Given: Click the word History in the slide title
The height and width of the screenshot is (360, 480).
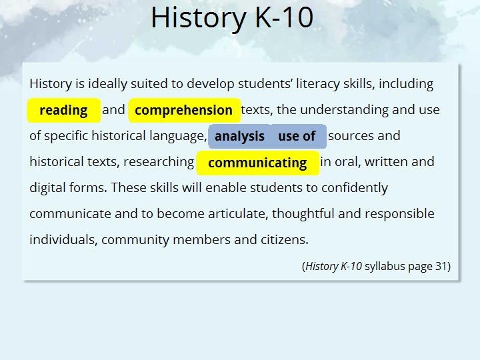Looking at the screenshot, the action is pyautogui.click(x=199, y=18).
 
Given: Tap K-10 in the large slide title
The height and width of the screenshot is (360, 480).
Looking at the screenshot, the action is pyautogui.click(x=284, y=17).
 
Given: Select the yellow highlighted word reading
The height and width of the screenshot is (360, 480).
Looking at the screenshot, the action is pyautogui.click(x=64, y=110).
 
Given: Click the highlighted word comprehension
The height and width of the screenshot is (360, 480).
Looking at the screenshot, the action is pyautogui.click(x=183, y=110).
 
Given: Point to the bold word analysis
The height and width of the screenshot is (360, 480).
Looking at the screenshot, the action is pyautogui.click(x=240, y=136).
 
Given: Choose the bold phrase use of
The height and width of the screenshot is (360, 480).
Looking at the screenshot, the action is pyautogui.click(x=297, y=136).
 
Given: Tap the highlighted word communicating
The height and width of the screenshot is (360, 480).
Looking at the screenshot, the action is pyautogui.click(x=257, y=163).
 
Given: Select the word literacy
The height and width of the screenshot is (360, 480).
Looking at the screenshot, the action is pyautogui.click(x=318, y=83).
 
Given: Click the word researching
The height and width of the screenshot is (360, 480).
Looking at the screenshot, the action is pyautogui.click(x=159, y=161).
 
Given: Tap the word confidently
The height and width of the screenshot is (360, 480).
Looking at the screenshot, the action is pyautogui.click(x=355, y=187).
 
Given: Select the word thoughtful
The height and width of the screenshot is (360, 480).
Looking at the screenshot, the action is pyautogui.click(x=303, y=213).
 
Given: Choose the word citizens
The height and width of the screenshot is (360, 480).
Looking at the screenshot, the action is pyautogui.click(x=285, y=239).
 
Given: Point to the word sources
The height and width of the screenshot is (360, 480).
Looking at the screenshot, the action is pyautogui.click(x=351, y=136).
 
